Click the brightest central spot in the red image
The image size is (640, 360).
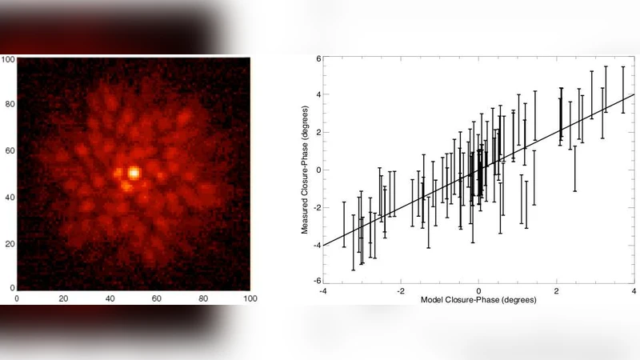pyautogui.click(x=134, y=172)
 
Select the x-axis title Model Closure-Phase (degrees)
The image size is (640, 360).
pyautogui.click(x=478, y=299)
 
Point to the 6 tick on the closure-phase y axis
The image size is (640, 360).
pyautogui.click(x=317, y=58)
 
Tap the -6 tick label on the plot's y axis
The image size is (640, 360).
pyautogui.click(x=316, y=281)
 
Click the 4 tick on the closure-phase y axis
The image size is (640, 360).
pyautogui.click(x=317, y=95)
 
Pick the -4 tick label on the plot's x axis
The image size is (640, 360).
pyautogui.click(x=323, y=291)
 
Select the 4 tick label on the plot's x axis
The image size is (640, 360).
pyautogui.click(x=634, y=291)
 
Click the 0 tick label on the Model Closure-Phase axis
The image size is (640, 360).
pyautogui.click(x=478, y=291)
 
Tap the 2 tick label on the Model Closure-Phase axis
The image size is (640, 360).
pyautogui.click(x=557, y=291)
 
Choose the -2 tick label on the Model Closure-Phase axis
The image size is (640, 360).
pyautogui.click(x=400, y=291)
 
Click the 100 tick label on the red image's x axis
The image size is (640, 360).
pyautogui.click(x=250, y=298)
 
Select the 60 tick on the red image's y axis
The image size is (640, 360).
pyautogui.click(x=10, y=150)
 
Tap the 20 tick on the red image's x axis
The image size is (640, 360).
pyautogui.click(x=64, y=298)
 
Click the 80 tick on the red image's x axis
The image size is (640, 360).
pyautogui.click(x=203, y=298)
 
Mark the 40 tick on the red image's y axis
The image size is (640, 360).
pyautogui.click(x=10, y=195)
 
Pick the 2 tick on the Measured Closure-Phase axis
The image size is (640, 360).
pyautogui.click(x=317, y=132)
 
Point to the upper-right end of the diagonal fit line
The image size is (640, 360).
pyautogui.click(x=634, y=94)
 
